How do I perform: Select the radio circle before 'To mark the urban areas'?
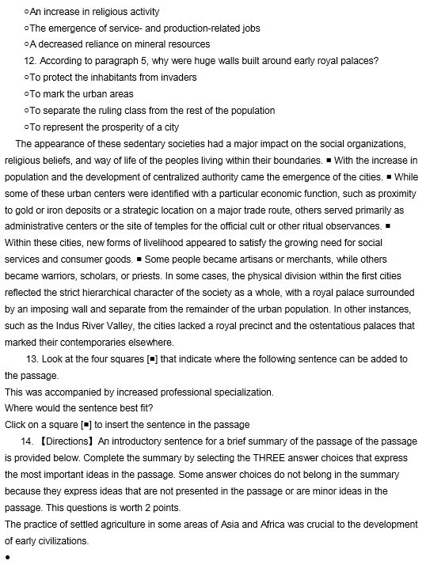27,94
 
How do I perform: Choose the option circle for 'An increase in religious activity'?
27,13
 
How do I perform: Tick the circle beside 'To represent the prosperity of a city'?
27,127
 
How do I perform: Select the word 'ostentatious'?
287,325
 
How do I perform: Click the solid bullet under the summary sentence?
6,559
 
